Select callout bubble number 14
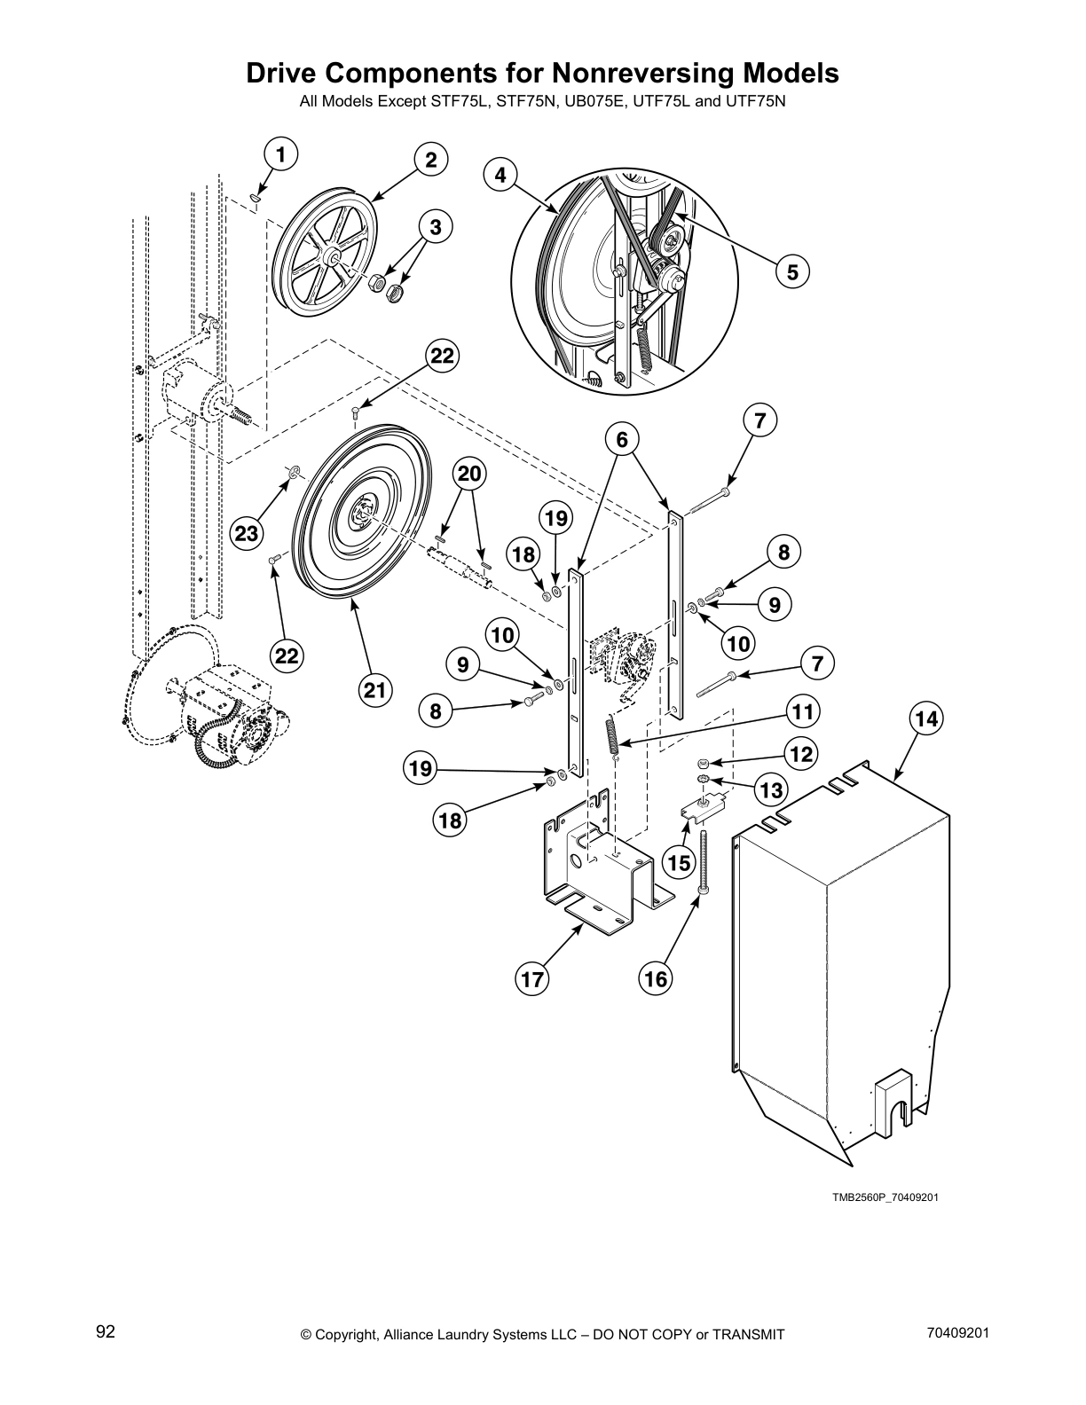[925, 718]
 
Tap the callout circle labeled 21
[375, 689]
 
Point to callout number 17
[532, 979]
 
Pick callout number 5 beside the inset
[791, 272]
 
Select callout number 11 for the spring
[802, 711]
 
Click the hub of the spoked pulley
[336, 258]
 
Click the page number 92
[106, 1331]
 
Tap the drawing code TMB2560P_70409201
[885, 1197]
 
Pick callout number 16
[655, 979]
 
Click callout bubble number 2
[430, 160]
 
